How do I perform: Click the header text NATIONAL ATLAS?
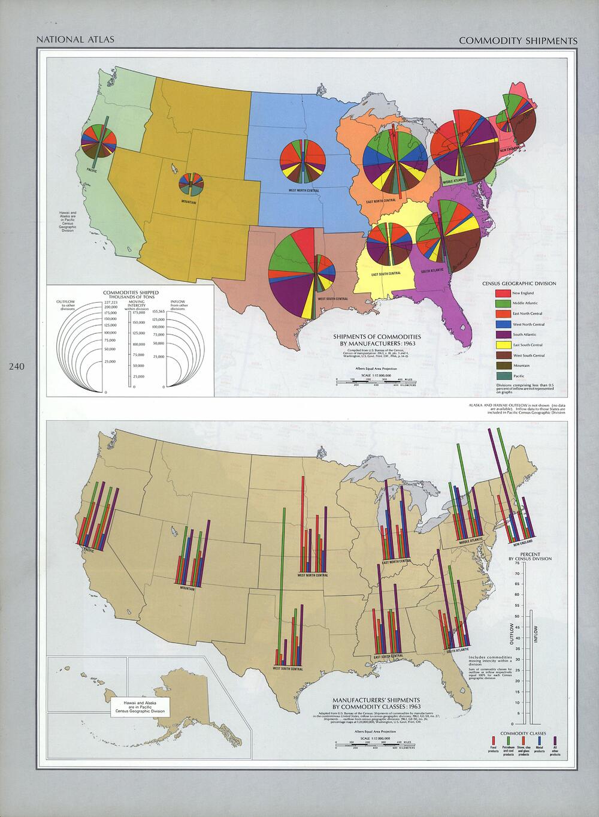(75, 41)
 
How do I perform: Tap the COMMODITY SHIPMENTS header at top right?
(518, 41)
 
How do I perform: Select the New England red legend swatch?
(503, 293)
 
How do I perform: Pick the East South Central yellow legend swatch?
(503, 345)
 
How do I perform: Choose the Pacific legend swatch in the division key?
(503, 375)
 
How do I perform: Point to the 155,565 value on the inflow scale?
(159, 311)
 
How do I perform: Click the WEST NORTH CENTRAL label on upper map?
(303, 191)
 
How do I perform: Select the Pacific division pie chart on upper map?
(99, 141)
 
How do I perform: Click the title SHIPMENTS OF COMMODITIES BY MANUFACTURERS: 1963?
(371, 340)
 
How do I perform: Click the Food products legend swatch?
(493, 741)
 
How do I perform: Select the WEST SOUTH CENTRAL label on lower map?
(288, 668)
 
